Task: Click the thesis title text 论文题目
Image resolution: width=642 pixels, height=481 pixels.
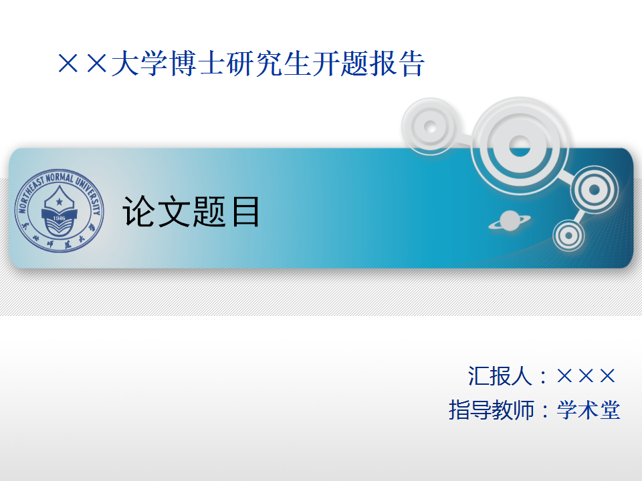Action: (x=191, y=212)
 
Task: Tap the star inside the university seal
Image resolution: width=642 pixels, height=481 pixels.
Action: (x=60, y=200)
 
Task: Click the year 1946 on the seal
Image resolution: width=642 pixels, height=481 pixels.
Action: (x=60, y=218)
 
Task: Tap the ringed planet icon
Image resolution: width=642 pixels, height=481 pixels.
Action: (x=510, y=221)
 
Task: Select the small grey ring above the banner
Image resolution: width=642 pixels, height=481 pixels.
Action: (x=430, y=126)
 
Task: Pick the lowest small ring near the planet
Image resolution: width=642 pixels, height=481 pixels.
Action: (x=568, y=235)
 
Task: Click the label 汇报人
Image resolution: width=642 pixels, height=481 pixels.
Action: (x=500, y=375)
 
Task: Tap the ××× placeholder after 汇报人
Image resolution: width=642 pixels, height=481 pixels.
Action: (x=586, y=375)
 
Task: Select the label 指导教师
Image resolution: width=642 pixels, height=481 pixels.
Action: (x=492, y=410)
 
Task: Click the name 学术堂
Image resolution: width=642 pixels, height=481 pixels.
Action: (x=588, y=410)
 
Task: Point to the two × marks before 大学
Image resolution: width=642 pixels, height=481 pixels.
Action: (x=83, y=65)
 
